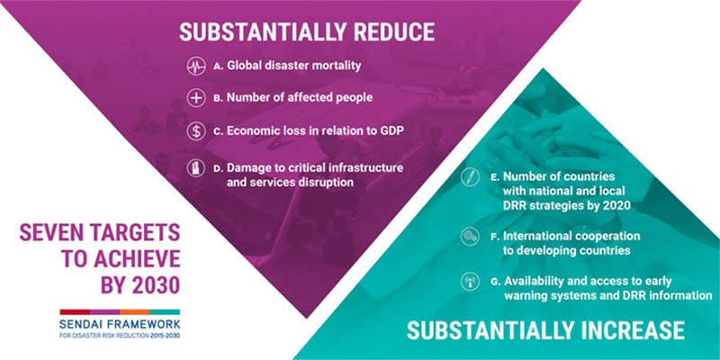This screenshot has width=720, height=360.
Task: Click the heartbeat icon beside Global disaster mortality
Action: pos(196,67)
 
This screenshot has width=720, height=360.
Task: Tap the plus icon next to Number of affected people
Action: pos(196,98)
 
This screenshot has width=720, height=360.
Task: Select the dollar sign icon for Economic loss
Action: pos(196,130)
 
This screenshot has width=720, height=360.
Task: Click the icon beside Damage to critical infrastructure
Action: pos(196,166)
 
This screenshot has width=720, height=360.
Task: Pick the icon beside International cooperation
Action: pos(469,236)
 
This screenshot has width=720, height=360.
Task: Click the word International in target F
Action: pos(541,236)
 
